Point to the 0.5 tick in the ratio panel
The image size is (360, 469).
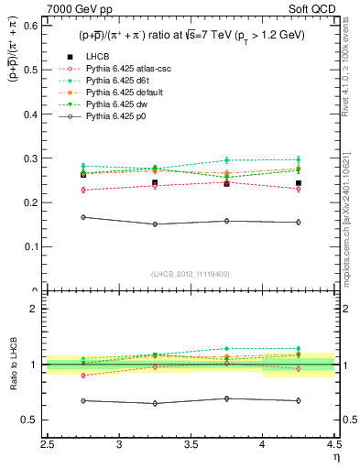click(x=47, y=420)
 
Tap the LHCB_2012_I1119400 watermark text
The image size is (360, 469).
click(x=191, y=273)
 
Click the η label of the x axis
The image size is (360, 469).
click(x=336, y=457)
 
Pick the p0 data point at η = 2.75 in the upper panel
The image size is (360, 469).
click(x=83, y=217)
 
